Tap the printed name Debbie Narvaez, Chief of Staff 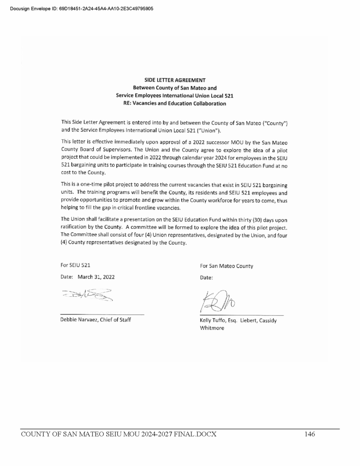(x=96, y=319)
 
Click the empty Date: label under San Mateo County (x=207, y=278)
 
